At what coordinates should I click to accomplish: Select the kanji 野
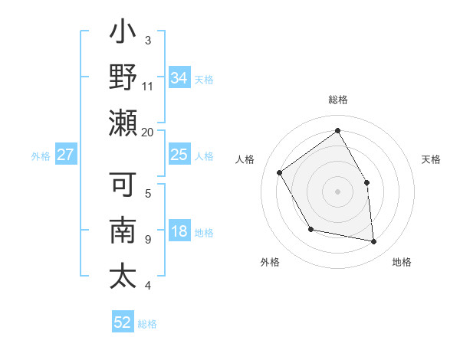pos(123,80)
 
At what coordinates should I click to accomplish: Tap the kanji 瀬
pos(123,123)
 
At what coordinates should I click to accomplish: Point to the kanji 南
pos(123,232)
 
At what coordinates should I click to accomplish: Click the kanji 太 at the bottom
pos(123,275)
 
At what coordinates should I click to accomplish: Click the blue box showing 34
pos(179,77)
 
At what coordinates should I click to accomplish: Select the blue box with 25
pos(179,155)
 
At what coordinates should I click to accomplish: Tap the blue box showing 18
pos(179,232)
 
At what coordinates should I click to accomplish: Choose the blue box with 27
pos(65,155)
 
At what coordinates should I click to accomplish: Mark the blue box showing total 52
pos(123,322)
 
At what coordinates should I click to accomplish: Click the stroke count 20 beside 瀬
pos(147,132)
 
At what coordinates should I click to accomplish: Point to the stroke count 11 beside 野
pos(147,86)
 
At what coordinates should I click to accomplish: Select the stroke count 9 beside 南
pos(147,239)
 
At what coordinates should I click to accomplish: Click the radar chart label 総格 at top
pos(337,100)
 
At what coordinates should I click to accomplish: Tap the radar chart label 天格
pos(431,159)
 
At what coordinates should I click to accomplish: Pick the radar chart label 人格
pos(245,159)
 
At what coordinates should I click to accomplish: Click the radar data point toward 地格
pos(374,242)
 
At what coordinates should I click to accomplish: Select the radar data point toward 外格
pos(310,229)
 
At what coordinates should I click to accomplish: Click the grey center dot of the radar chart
pos(337,191)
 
